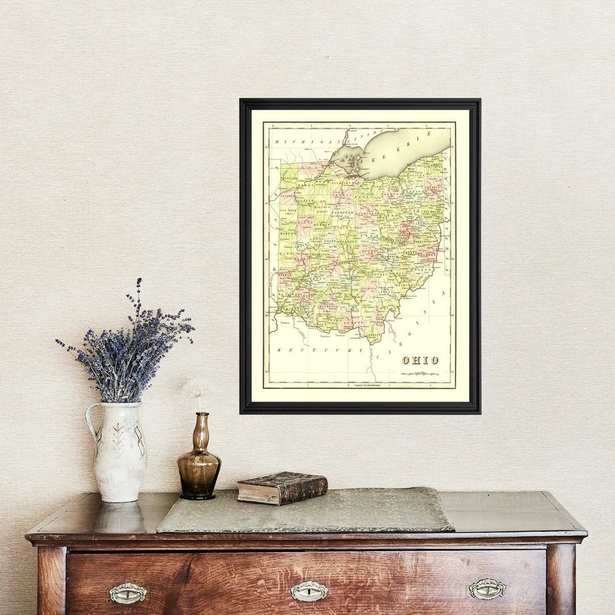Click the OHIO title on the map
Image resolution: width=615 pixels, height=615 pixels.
(x=420, y=360)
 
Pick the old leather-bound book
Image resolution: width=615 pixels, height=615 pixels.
(x=282, y=488)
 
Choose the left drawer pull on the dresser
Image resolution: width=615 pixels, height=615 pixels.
(x=127, y=593)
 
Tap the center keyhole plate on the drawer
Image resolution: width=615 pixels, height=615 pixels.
(x=309, y=591)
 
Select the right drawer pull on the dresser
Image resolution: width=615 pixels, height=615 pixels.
(x=487, y=589)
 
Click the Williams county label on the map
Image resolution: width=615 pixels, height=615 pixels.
(x=289, y=172)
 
